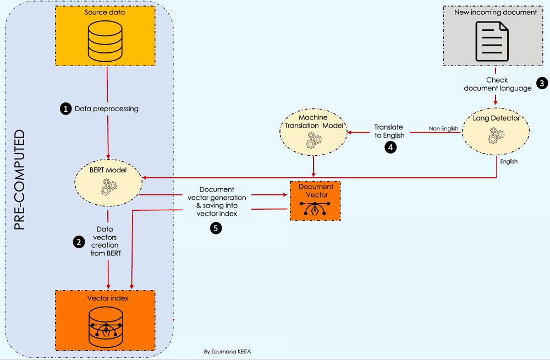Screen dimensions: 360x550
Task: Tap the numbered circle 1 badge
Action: [x=65, y=109]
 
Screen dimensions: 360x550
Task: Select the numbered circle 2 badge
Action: [x=78, y=241]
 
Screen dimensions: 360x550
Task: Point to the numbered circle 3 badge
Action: [x=542, y=84]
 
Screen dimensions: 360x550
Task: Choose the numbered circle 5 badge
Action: [x=217, y=228]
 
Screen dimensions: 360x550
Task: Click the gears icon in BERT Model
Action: [x=108, y=187]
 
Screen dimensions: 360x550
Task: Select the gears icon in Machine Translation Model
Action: [x=313, y=140]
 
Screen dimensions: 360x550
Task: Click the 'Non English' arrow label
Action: [x=443, y=129]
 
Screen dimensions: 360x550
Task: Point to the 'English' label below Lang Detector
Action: [x=509, y=162]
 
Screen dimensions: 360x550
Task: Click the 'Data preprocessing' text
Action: [x=107, y=109]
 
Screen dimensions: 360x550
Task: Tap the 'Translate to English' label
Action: [x=389, y=131]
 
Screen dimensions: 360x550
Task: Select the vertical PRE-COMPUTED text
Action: [x=20, y=180]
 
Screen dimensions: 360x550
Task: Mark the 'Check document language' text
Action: [x=497, y=84]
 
